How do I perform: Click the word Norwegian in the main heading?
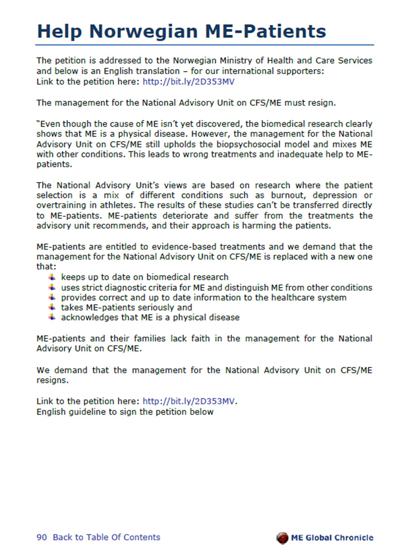pyautogui.click(x=143, y=31)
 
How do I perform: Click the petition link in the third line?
pyautogui.click(x=188, y=82)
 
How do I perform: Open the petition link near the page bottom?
pyautogui.click(x=188, y=401)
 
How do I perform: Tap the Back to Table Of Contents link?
pyautogui.click(x=106, y=537)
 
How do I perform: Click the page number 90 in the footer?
pyautogui.click(x=41, y=537)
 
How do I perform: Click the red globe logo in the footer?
pyautogui.click(x=282, y=538)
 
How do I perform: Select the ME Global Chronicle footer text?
pyautogui.click(x=332, y=538)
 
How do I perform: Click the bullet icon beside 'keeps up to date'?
pyautogui.click(x=52, y=277)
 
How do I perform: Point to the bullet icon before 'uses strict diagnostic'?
pyautogui.click(x=52, y=287)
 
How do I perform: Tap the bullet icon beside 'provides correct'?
pyautogui.click(x=52, y=297)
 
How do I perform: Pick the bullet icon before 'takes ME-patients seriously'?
pyautogui.click(x=52, y=307)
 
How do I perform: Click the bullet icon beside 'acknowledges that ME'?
pyautogui.click(x=52, y=317)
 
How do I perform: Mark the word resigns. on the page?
pyautogui.click(x=53, y=380)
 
